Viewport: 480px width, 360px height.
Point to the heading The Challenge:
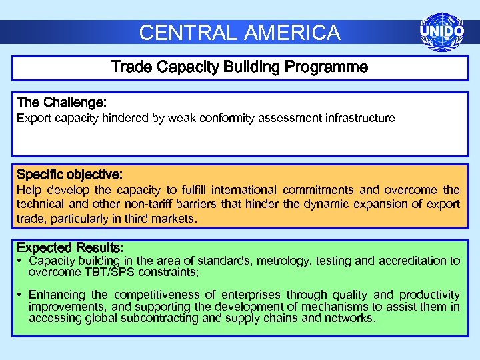[x=62, y=103]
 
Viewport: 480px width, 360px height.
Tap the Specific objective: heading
[x=69, y=175]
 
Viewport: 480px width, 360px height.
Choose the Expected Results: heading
[x=70, y=248]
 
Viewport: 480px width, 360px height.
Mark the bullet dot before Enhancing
[x=21, y=295]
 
